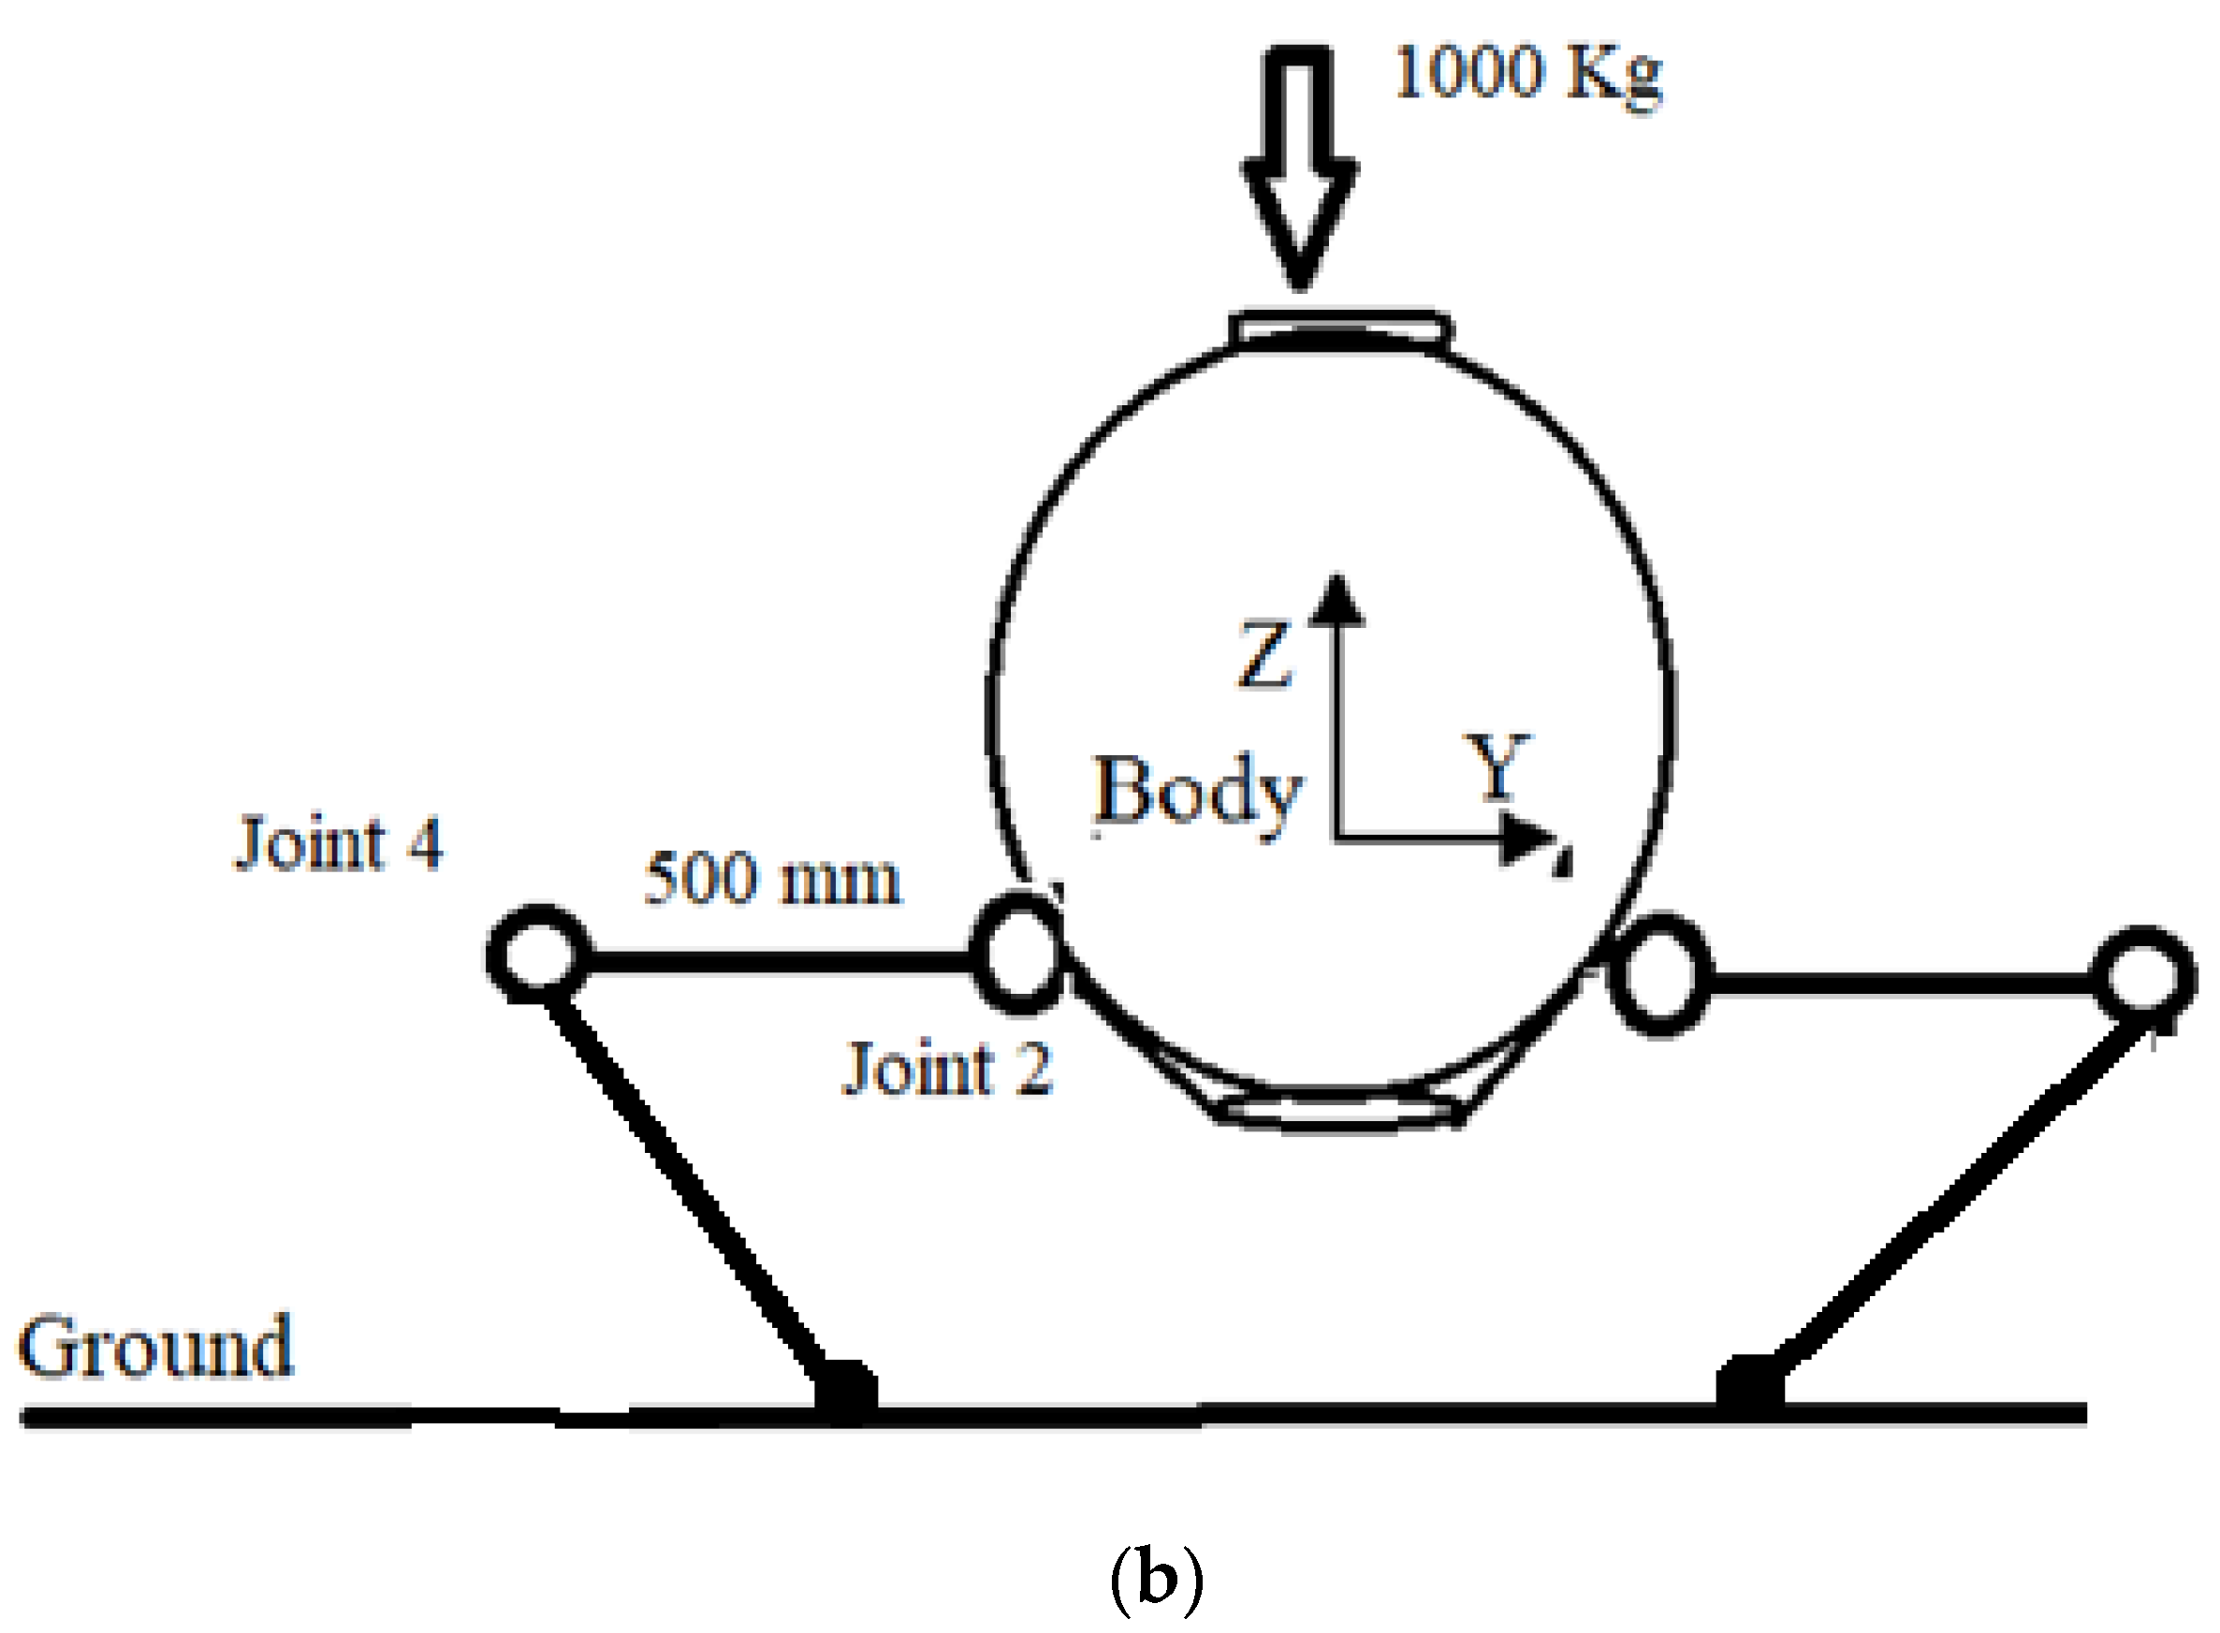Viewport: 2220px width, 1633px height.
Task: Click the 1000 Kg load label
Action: [1527, 74]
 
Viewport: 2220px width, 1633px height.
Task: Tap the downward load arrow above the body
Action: [1299, 168]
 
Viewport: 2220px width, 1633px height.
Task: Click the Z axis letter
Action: [1264, 654]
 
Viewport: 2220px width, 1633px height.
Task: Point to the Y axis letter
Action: [1498, 766]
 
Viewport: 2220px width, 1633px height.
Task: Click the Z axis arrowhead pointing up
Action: [1336, 601]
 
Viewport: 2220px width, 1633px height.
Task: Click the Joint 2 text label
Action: [947, 1069]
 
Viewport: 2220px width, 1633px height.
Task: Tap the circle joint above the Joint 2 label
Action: [1018, 953]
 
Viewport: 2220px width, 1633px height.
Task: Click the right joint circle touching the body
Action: [1659, 975]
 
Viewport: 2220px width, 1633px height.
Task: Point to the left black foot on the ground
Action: [845, 1391]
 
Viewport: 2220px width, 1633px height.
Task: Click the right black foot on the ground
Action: [1750, 1386]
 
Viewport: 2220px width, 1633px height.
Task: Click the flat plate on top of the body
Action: [1340, 328]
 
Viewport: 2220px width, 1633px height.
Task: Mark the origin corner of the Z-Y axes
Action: [1337, 839]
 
